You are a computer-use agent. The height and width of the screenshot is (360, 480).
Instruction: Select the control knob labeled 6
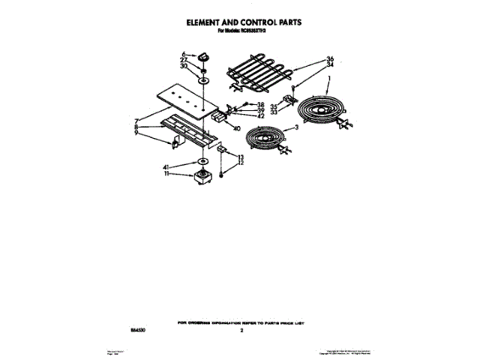[207, 54]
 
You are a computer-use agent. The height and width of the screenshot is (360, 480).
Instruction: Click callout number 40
[237, 128]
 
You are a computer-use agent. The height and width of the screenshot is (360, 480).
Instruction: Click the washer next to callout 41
[202, 162]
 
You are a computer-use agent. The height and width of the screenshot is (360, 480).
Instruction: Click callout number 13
[240, 157]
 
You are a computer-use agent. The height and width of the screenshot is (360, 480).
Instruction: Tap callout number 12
[240, 163]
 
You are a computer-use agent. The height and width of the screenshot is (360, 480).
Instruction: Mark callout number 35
[273, 106]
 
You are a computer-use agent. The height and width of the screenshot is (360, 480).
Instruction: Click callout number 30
[184, 66]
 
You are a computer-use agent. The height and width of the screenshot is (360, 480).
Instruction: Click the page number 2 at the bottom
[242, 329]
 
